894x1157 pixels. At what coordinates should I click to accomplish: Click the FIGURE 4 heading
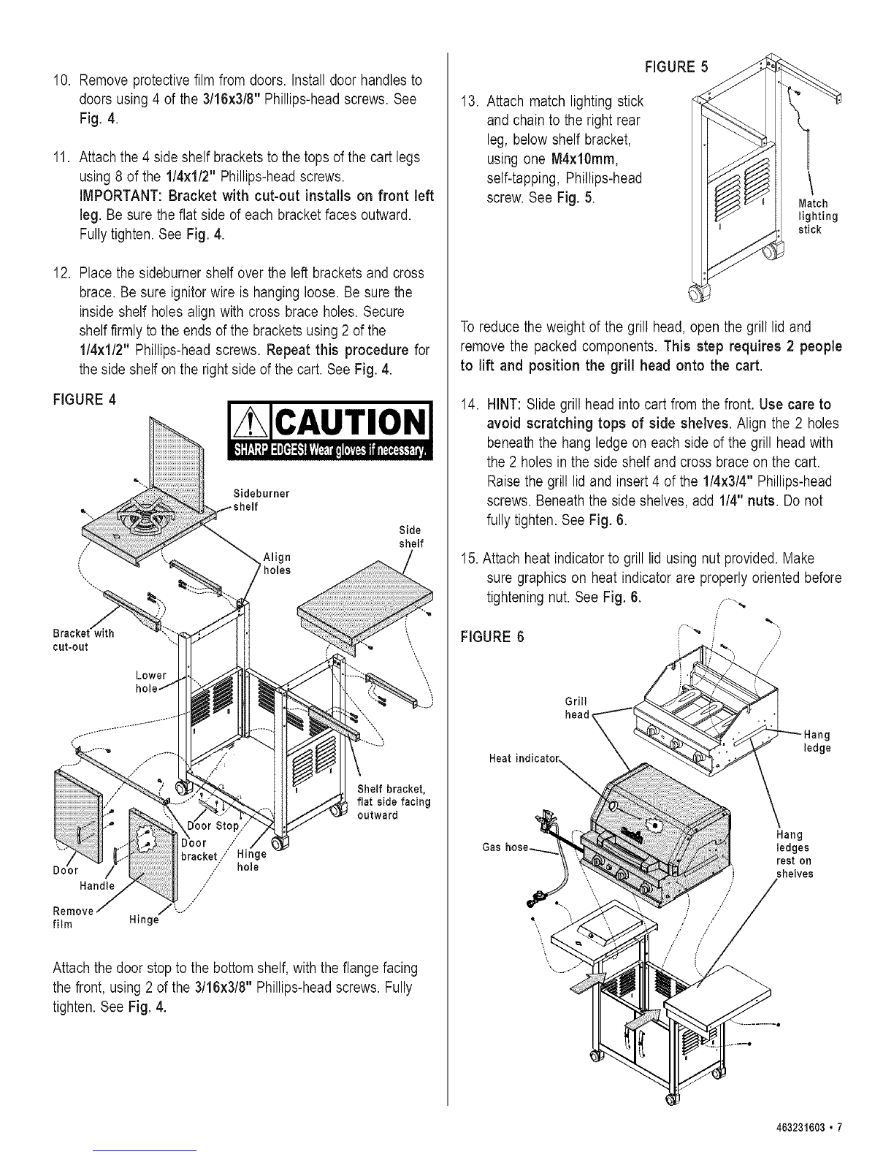[84, 400]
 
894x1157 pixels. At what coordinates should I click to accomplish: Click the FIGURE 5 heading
[676, 67]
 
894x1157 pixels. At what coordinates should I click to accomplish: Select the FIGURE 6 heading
[492, 637]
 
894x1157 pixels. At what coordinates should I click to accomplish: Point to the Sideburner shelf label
[261, 500]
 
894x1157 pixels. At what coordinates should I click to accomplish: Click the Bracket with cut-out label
[83, 640]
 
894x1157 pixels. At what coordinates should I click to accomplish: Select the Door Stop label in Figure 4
[213, 826]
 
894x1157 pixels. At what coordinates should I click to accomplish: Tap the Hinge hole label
[251, 860]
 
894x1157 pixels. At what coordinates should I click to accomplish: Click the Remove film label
[73, 917]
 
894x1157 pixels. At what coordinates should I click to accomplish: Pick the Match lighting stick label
[818, 216]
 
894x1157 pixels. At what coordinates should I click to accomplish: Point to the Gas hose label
[505, 847]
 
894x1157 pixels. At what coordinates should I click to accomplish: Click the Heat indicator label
[524, 758]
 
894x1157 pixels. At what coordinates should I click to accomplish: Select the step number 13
[470, 101]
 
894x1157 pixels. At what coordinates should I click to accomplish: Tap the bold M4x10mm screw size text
[583, 159]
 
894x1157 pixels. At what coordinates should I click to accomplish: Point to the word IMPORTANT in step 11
[119, 196]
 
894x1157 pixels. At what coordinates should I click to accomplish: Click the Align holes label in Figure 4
[277, 563]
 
